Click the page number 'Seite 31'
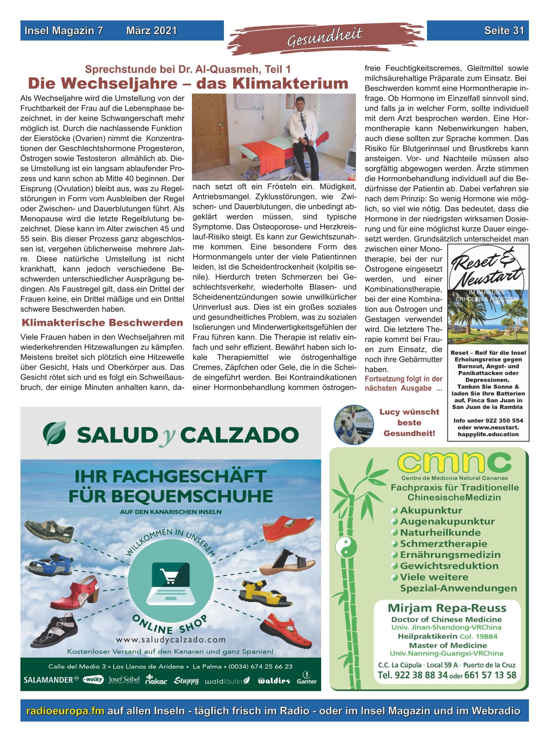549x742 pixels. [504, 31]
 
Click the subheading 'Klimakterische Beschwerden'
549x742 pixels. [102, 322]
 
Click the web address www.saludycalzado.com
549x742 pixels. [170, 639]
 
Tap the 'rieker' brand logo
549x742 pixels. [156, 680]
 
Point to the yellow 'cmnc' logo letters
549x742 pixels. [454, 463]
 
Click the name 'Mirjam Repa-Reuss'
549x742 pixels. [447, 608]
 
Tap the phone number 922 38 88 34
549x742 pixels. [412, 675]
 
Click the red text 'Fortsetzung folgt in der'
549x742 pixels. [403, 379]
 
